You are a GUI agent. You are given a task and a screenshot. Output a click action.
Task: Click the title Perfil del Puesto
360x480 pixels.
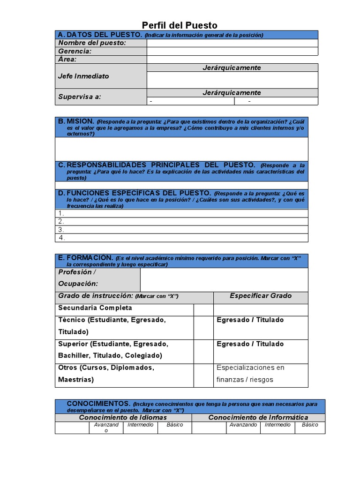pos(180,25)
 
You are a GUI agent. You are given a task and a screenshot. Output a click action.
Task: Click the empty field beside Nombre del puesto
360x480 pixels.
pos(232,43)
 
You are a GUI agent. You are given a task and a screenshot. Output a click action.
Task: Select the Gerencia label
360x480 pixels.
pos(75,51)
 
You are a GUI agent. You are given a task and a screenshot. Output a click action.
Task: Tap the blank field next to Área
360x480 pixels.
pos(232,60)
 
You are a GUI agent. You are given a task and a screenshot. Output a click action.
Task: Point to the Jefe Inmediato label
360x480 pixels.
pos(83,76)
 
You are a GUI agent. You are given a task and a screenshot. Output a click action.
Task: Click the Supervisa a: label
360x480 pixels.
pos(80,97)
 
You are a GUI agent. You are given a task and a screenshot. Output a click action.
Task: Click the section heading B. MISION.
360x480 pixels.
pos(76,121)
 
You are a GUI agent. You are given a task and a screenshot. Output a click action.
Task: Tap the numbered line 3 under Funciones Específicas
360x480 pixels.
pos(181,230)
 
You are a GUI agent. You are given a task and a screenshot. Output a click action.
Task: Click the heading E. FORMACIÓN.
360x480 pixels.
pos(85,258)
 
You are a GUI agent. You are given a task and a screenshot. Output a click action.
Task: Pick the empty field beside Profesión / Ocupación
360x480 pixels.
pos(224,280)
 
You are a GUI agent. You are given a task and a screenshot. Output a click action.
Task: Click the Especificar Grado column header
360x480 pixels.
pos(261,296)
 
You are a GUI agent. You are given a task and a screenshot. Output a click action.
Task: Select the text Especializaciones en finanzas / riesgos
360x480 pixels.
pos(250,374)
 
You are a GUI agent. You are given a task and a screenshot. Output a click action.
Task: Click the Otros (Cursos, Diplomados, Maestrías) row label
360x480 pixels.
pos(106,374)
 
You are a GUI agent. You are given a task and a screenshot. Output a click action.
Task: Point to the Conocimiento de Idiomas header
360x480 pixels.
pos(123,417)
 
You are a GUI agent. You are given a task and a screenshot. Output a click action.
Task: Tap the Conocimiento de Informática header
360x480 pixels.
pos(258,417)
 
